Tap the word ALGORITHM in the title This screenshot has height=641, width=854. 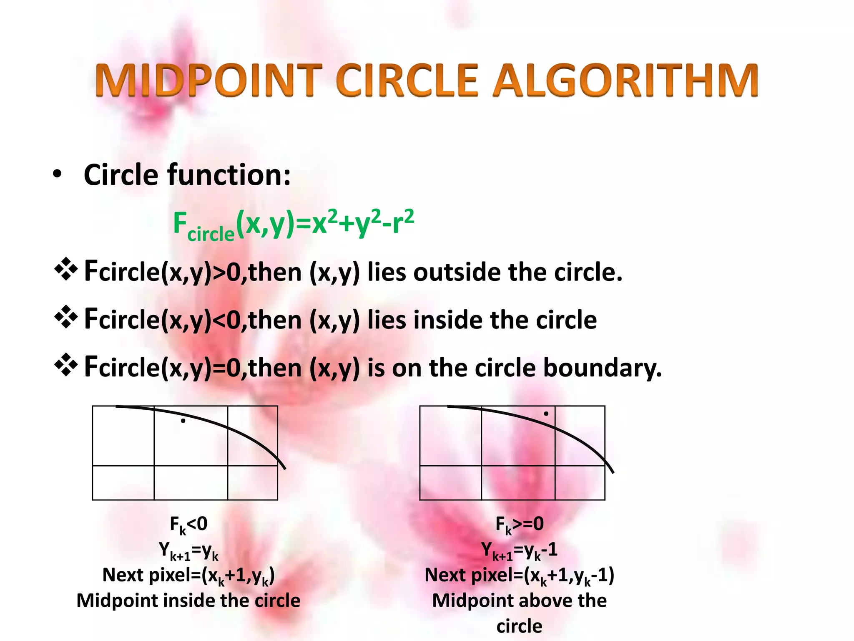[625, 80]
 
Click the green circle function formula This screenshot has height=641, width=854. [294, 225]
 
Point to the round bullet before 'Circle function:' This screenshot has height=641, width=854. [57, 174]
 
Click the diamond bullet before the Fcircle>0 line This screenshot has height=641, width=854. [66, 270]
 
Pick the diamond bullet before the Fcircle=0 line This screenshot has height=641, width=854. [66, 365]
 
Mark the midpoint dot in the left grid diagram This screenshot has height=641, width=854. [183, 421]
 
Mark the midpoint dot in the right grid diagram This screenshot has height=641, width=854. [546, 414]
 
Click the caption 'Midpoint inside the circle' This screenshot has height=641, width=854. [188, 601]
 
